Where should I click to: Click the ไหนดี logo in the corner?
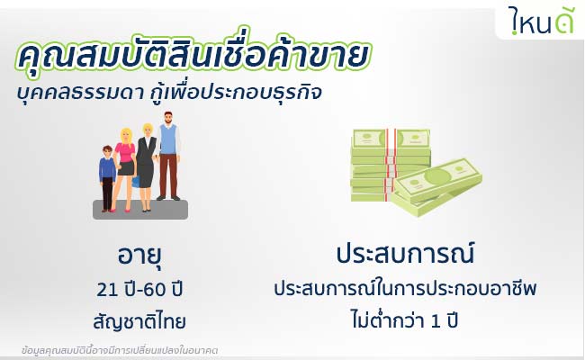click(x=541, y=22)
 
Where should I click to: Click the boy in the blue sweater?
click(x=107, y=178)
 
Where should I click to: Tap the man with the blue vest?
click(x=168, y=156)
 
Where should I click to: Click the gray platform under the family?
click(x=140, y=210)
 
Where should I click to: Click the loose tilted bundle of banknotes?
click(x=436, y=186)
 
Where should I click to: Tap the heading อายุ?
click(x=139, y=256)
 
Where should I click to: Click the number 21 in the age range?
click(x=105, y=290)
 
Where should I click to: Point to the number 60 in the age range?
click(x=154, y=290)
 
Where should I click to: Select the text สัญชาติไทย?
click(x=139, y=321)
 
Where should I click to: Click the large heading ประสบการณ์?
click(x=405, y=253)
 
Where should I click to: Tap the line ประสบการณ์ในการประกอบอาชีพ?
click(x=405, y=288)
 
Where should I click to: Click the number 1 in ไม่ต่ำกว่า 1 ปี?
click(x=436, y=321)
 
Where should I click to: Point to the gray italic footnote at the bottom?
click(x=120, y=351)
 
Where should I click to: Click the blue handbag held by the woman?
click(x=135, y=181)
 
